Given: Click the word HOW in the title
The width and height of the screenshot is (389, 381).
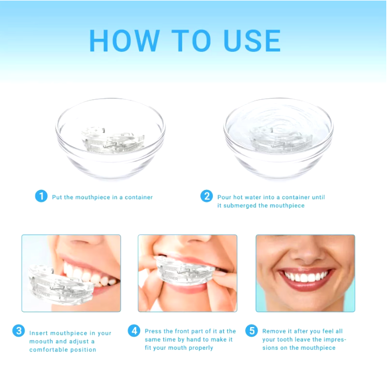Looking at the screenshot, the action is click(x=124, y=40).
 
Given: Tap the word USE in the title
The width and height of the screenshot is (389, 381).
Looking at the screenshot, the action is click(x=252, y=40).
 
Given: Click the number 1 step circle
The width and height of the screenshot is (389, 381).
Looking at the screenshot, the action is click(x=41, y=196).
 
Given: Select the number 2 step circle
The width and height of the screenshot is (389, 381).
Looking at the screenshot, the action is click(x=207, y=196).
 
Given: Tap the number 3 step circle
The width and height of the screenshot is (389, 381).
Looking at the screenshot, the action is click(x=19, y=331).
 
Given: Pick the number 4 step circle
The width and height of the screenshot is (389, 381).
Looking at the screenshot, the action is click(x=134, y=331).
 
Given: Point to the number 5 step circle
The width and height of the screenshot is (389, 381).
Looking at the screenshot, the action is click(x=252, y=331).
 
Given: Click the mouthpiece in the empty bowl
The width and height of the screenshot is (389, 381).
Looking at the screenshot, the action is click(x=113, y=140).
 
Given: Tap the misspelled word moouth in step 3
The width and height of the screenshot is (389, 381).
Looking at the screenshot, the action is click(x=41, y=342).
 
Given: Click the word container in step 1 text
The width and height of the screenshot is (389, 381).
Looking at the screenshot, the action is click(x=138, y=198).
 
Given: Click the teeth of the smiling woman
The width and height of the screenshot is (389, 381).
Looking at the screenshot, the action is click(x=306, y=277).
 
